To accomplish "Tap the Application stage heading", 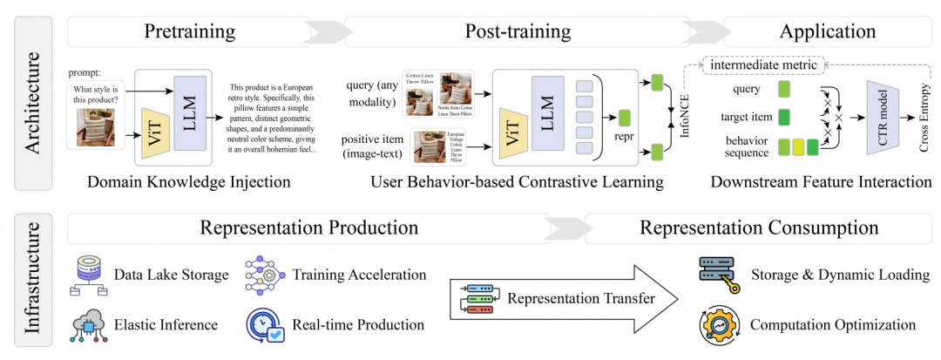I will tap(828, 33).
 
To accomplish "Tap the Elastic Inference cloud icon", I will tap(87, 324).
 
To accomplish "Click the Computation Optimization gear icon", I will tap(719, 324).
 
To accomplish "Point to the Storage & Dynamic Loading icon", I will tap(719, 274).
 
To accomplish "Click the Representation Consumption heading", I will tap(759, 228).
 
